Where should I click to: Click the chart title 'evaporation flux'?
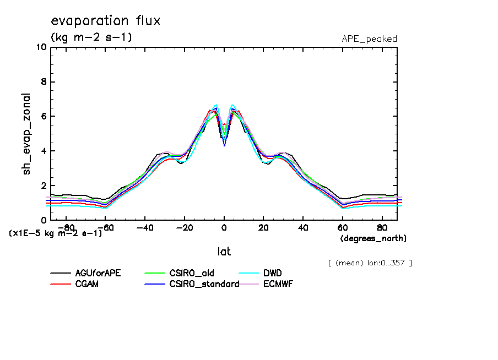[105, 21]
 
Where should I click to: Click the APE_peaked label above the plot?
[369, 39]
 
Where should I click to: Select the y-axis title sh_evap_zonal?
[26, 134]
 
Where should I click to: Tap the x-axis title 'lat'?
[224, 252]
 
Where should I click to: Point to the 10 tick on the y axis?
[41, 47]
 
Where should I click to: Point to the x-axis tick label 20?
[263, 227]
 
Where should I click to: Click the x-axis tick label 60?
[342, 227]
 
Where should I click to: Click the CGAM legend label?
[87, 284]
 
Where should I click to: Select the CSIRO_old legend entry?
[192, 273]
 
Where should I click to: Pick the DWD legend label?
[272, 273]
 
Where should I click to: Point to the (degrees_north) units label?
[373, 238]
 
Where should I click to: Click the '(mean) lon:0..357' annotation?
[370, 263]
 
